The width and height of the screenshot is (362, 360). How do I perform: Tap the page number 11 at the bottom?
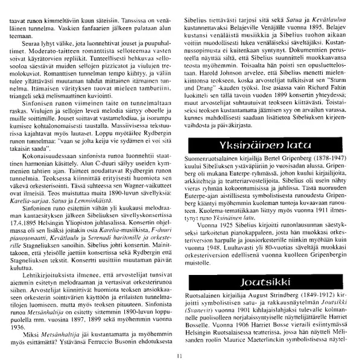(180, 355)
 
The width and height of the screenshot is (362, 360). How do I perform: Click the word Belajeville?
(240, 28)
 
